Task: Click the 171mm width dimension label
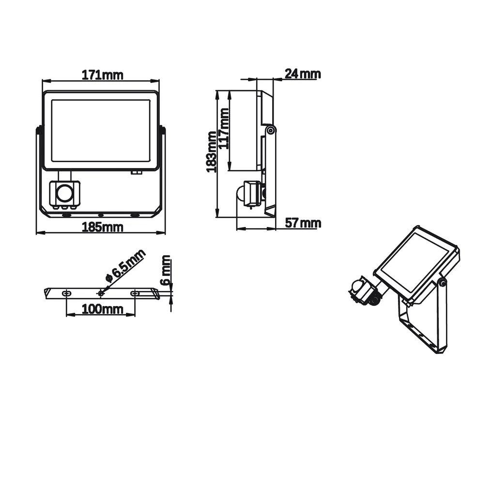pyautogui.click(x=102, y=75)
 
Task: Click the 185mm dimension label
pyautogui.click(x=102, y=227)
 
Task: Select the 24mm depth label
pyautogui.click(x=302, y=74)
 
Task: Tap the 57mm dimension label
pyautogui.click(x=303, y=223)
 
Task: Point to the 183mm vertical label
pyautogui.click(x=211, y=152)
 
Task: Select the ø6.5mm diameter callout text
pyautogui.click(x=125, y=266)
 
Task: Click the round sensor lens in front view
pyautogui.click(x=64, y=193)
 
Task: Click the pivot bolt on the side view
pyautogui.click(x=271, y=130)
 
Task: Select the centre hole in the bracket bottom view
pyautogui.click(x=101, y=293)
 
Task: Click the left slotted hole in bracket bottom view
pyautogui.click(x=66, y=293)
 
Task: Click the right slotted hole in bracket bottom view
pyautogui.click(x=135, y=293)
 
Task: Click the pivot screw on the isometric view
pyautogui.click(x=442, y=281)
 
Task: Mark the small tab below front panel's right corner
pyautogui.click(x=137, y=171)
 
